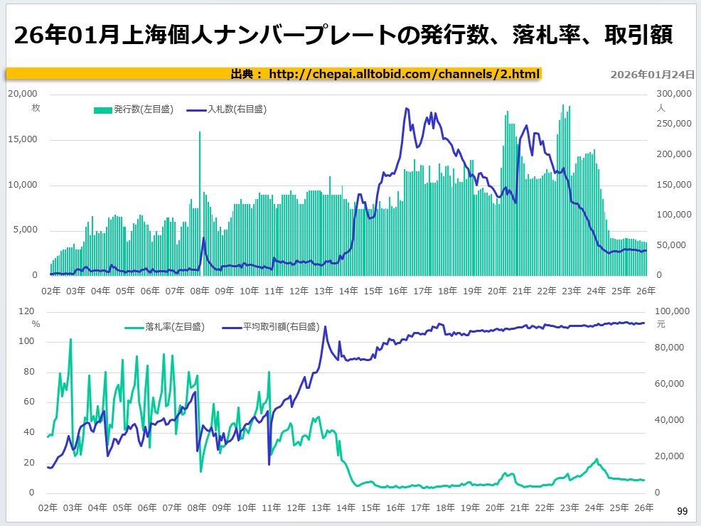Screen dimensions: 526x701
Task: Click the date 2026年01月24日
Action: (652, 75)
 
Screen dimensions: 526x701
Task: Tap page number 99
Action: (682, 511)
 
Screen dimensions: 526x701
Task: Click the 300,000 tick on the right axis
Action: (673, 94)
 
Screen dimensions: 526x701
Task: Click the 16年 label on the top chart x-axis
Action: (398, 291)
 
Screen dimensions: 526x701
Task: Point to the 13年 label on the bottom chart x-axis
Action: (322, 508)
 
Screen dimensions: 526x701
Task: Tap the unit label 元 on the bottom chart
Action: (660, 324)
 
